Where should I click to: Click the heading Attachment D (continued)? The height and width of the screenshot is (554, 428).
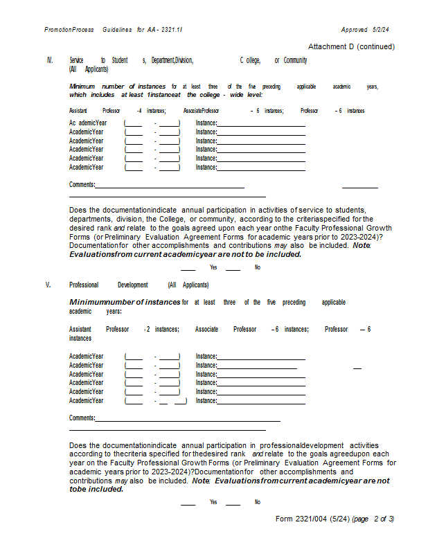(351, 46)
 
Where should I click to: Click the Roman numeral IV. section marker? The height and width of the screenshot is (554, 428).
(50, 61)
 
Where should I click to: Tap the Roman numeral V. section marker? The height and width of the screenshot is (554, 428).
(48, 285)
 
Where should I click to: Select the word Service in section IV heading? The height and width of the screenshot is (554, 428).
(76, 61)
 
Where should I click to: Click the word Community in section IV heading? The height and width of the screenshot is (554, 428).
(295, 61)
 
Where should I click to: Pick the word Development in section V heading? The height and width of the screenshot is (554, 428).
(132, 285)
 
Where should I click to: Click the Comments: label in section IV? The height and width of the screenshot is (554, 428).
(82, 184)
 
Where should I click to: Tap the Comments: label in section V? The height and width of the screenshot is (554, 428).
(82, 418)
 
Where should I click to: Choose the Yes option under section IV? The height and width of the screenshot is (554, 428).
(213, 267)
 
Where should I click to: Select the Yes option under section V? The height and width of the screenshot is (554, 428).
(213, 502)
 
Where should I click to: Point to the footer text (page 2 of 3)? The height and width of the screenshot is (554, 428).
(373, 519)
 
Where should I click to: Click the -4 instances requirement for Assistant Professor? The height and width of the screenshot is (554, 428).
(151, 111)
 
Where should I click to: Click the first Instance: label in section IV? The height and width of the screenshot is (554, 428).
(206, 123)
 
